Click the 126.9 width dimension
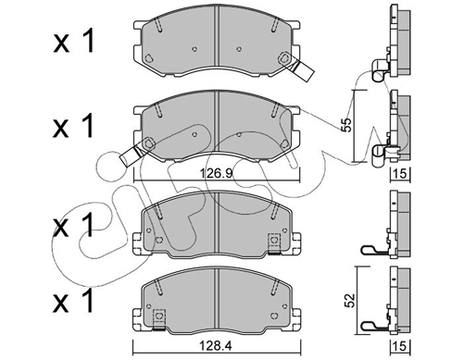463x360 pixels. (216, 174)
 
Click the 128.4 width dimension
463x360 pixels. (216, 346)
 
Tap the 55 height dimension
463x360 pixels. (347, 125)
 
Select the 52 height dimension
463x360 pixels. (350, 300)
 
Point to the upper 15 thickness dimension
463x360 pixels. (400, 174)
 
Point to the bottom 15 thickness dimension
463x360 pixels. (400, 346)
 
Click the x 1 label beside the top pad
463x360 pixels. (73, 42)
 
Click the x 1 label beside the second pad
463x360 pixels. (73, 126)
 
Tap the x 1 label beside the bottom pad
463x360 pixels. (73, 300)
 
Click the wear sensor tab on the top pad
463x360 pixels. (303, 70)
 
